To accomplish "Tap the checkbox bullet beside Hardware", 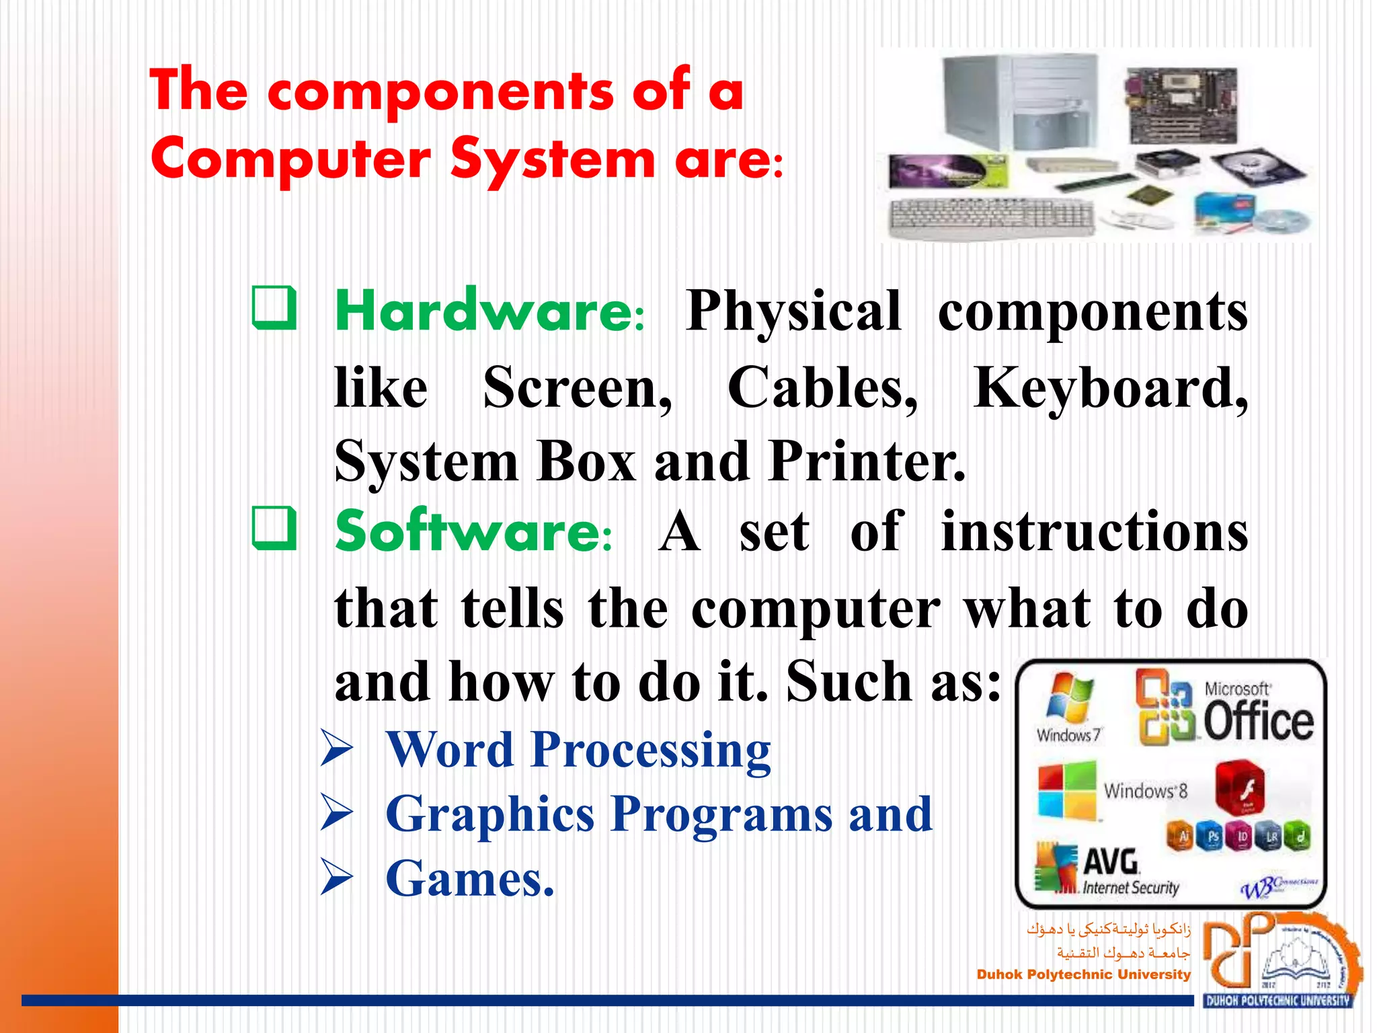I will [274, 308].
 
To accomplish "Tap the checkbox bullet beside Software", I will [274, 529].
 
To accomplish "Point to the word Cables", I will [822, 389].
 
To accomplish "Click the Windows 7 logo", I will [1069, 706].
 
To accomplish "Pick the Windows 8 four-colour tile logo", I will [1067, 791].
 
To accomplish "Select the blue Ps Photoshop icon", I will [1213, 837].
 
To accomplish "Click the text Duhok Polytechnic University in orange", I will [1083, 974].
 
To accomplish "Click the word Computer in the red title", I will [290, 160].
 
